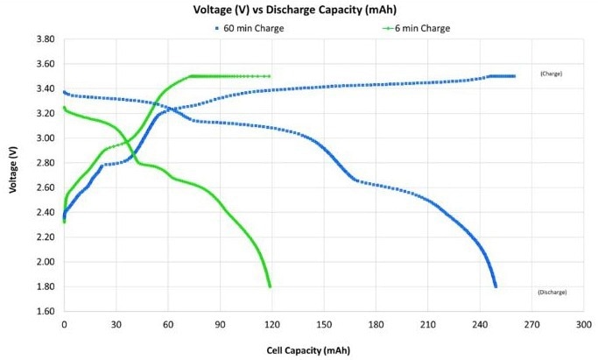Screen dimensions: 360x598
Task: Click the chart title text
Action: click(299, 11)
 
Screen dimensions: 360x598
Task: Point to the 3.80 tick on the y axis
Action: click(46, 39)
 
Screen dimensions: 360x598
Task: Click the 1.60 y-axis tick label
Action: click(46, 311)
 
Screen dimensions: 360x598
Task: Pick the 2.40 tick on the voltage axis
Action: click(46, 212)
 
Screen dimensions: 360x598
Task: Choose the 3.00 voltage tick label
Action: click(46, 138)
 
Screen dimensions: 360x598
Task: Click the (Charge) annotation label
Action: click(551, 74)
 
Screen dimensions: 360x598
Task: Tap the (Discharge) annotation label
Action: click(552, 292)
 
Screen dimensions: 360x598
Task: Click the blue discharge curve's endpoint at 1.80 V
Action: click(496, 286)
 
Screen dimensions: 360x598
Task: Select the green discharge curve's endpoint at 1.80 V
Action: click(270, 286)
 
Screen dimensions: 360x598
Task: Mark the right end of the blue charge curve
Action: click(514, 76)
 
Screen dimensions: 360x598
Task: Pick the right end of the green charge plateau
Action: click(269, 76)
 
